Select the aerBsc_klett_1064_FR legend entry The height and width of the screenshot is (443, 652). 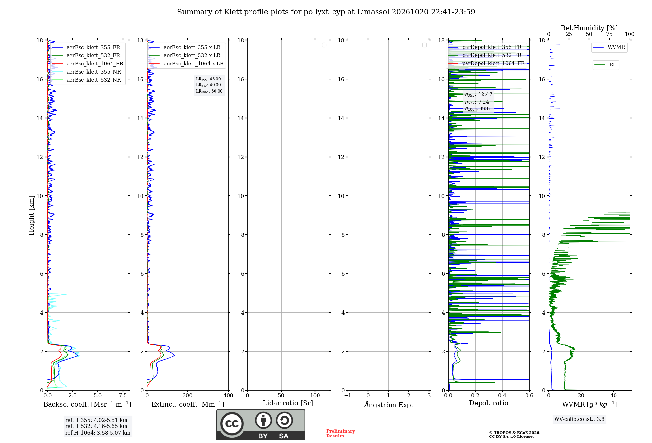pyautogui.click(x=88, y=64)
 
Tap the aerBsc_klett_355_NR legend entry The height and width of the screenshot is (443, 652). pyautogui.click(x=87, y=72)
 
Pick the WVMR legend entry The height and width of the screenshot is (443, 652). pyautogui.click(x=609, y=47)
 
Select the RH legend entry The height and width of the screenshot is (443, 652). pyautogui.click(x=606, y=64)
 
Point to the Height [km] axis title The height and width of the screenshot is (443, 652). pyautogui.click(x=31, y=215)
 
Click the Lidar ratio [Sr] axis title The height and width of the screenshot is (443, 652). pyautogui.click(x=288, y=403)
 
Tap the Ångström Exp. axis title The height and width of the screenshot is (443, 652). pyautogui.click(x=389, y=405)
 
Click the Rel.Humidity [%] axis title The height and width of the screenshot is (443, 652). pyautogui.click(x=589, y=28)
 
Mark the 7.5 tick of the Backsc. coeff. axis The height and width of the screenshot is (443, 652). pyautogui.click(x=123, y=395)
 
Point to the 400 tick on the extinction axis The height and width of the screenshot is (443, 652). pyautogui.click(x=229, y=395)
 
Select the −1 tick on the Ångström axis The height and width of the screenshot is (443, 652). pyautogui.click(x=348, y=395)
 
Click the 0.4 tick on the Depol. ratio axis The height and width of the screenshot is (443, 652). pyautogui.click(x=502, y=395)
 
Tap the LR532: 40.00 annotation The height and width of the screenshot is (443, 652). pyautogui.click(x=208, y=85)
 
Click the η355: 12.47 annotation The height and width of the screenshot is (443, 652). pyautogui.click(x=479, y=94)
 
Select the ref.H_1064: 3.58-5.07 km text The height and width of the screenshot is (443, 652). pyautogui.click(x=98, y=433)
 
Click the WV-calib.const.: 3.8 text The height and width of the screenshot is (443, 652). pyautogui.click(x=579, y=419)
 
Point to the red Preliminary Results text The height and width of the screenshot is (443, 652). pyautogui.click(x=341, y=434)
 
